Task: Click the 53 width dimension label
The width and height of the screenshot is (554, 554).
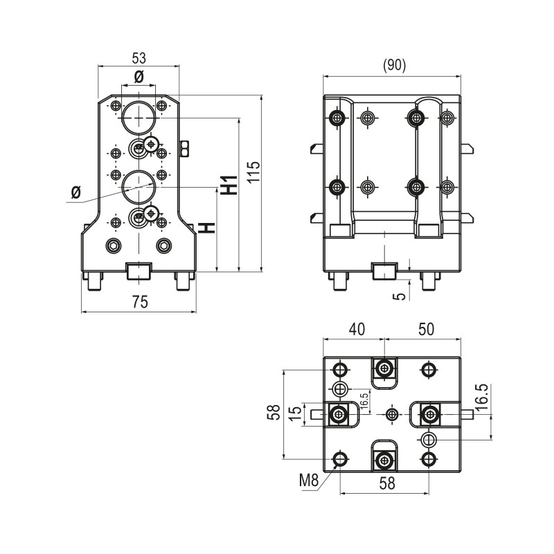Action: pyautogui.click(x=138, y=58)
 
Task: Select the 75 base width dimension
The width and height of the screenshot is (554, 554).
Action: pyautogui.click(x=139, y=302)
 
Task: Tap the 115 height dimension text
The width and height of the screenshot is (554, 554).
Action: pyautogui.click(x=254, y=172)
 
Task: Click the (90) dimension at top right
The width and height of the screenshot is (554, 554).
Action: pyautogui.click(x=394, y=65)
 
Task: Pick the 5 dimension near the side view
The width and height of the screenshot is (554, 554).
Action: pyautogui.click(x=399, y=295)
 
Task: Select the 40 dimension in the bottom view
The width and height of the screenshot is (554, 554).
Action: pyautogui.click(x=356, y=330)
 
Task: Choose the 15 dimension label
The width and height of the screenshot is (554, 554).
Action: pyautogui.click(x=296, y=413)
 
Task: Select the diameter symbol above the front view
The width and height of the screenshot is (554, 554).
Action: pyautogui.click(x=138, y=77)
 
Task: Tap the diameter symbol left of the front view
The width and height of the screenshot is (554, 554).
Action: pyautogui.click(x=76, y=190)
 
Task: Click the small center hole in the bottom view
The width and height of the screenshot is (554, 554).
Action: pyautogui.click(x=392, y=414)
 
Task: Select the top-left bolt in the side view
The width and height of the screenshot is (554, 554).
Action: pyautogui.click(x=338, y=117)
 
